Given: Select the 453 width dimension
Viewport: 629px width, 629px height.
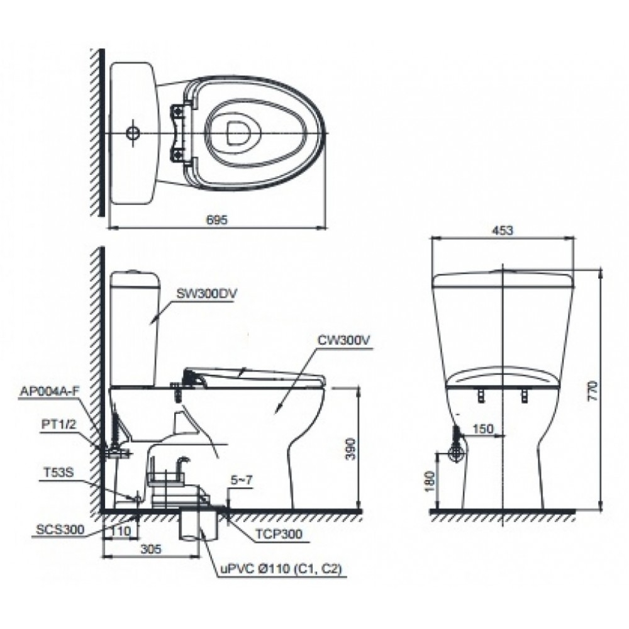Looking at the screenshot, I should point(504,231).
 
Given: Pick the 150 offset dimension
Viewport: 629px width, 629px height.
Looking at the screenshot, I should point(482,428).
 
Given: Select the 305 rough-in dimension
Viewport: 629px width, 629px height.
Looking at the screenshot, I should point(150,548).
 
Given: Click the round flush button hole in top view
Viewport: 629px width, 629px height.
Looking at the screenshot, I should point(133,133).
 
